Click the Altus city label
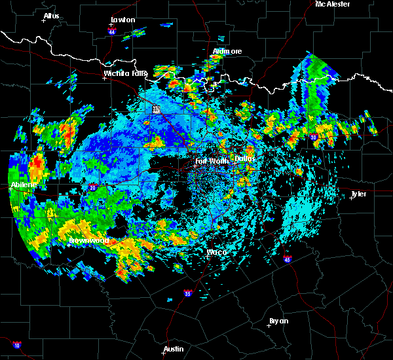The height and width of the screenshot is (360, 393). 51,15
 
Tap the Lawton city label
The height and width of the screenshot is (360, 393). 122,20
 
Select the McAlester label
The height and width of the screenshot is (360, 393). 333,4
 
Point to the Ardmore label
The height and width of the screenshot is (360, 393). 227,51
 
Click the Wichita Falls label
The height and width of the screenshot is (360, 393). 124,73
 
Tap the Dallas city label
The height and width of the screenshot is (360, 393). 245,158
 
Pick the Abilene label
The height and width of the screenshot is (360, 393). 24,185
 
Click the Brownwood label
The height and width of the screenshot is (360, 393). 88,240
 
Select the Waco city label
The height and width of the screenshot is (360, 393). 216,251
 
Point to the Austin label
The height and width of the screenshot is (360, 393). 174,349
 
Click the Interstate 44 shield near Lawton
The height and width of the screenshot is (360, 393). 112,31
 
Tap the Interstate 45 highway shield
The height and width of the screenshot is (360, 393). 288,261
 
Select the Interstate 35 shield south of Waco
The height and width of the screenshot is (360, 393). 188,293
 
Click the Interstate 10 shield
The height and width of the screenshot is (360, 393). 16,345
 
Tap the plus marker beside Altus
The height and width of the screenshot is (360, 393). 43,21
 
